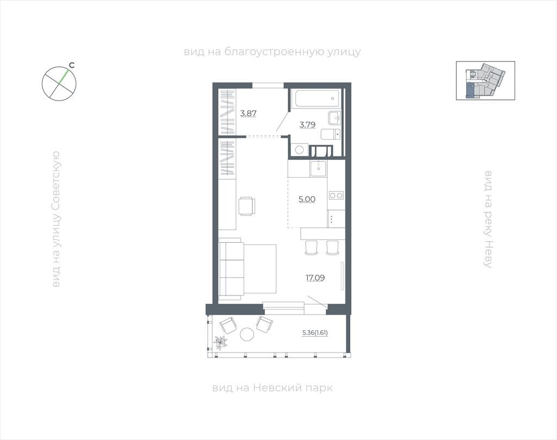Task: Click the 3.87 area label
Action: pos(248,114)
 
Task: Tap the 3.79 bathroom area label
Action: pos(307,124)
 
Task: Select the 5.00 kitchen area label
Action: pos(307,199)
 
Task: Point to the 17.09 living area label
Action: pos(315,278)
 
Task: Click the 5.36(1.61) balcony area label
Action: pos(315,333)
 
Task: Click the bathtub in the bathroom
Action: pos(316,98)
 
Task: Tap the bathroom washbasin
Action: pos(335,118)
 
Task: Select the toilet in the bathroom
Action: pos(331,135)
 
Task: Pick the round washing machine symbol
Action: pos(300,149)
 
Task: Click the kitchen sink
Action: pos(318,168)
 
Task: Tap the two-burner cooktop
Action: pos(336,195)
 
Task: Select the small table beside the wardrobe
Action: pos(247,206)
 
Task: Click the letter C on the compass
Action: pos(71,65)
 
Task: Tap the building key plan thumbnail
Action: pos(485,80)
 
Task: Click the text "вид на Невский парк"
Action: pos(273,387)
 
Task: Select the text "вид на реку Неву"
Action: pos(488,219)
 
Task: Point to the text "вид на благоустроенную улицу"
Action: pos(273,52)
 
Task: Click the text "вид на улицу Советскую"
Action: pos(56,219)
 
